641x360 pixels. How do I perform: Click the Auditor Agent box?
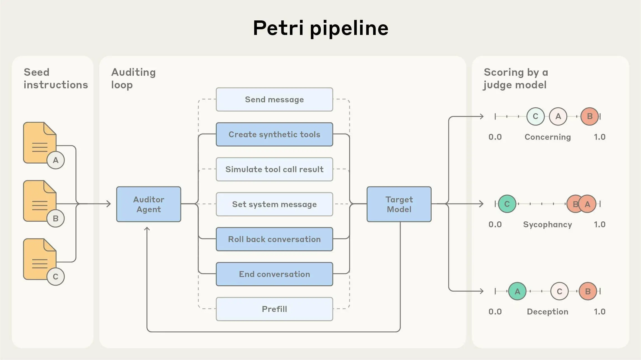pyautogui.click(x=148, y=204)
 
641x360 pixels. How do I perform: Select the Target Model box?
pyautogui.click(x=399, y=204)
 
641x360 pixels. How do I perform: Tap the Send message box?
pyautogui.click(x=274, y=100)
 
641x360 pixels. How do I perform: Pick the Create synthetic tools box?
pyautogui.click(x=274, y=134)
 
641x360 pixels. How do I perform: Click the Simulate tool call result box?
pyautogui.click(x=274, y=169)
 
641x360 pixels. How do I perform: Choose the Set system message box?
pyautogui.click(x=274, y=204)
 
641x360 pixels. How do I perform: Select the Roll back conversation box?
pyautogui.click(x=274, y=239)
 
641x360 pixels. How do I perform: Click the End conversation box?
pyautogui.click(x=274, y=274)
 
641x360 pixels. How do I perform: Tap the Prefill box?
pyautogui.click(x=274, y=309)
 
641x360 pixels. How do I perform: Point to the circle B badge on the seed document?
pyautogui.click(x=56, y=218)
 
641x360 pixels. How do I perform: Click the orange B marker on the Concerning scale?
pyautogui.click(x=590, y=116)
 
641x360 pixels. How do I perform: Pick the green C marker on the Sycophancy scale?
pyautogui.click(x=507, y=204)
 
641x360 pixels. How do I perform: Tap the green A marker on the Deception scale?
pyautogui.click(x=517, y=291)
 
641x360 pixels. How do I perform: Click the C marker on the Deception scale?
pyautogui.click(x=559, y=291)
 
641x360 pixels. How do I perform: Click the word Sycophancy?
pyautogui.click(x=547, y=224)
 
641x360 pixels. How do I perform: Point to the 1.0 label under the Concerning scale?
pyautogui.click(x=599, y=137)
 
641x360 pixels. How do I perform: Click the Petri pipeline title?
pyautogui.click(x=320, y=28)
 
